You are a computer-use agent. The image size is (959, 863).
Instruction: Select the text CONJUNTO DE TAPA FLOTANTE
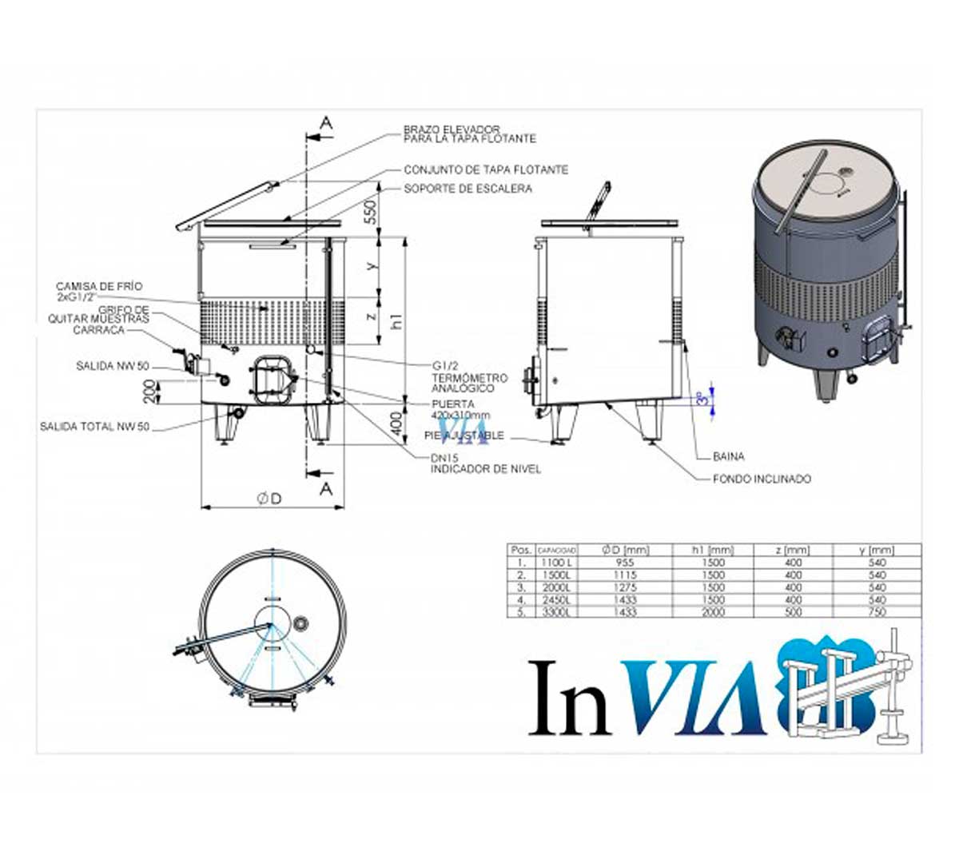pyautogui.click(x=486, y=170)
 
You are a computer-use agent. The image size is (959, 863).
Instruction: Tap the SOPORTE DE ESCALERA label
pyautogui.click(x=468, y=189)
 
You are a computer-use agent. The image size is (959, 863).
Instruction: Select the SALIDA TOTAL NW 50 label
pyautogui.click(x=94, y=428)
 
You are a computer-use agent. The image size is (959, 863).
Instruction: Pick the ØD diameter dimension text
pyautogui.click(x=269, y=499)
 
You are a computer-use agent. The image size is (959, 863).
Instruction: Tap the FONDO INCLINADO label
pyautogui.click(x=762, y=479)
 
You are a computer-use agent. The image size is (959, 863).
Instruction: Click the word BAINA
pyautogui.click(x=728, y=457)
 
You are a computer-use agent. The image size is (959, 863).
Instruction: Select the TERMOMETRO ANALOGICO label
pyautogui.click(x=469, y=382)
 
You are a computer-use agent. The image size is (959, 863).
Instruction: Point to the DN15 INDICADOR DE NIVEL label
pyautogui.click(x=485, y=464)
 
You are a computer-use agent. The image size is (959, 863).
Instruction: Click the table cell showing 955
pyautogui.click(x=626, y=563)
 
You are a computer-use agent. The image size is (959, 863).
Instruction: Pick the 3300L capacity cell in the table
pyautogui.click(x=556, y=612)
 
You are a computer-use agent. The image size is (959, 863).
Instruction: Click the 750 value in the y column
pyautogui.click(x=877, y=612)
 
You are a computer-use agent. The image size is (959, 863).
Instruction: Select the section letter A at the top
pyautogui.click(x=326, y=121)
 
